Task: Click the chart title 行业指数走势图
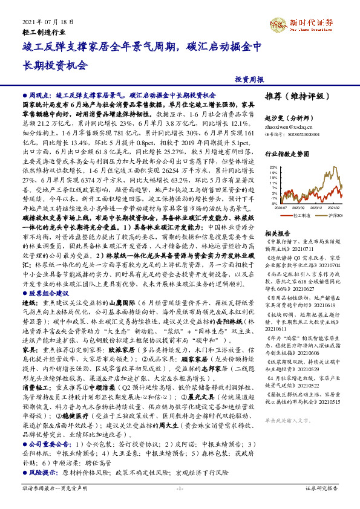point(287,155)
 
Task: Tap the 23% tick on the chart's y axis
point(274,167)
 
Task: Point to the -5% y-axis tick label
point(274,204)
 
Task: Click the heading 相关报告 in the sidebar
point(279,233)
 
